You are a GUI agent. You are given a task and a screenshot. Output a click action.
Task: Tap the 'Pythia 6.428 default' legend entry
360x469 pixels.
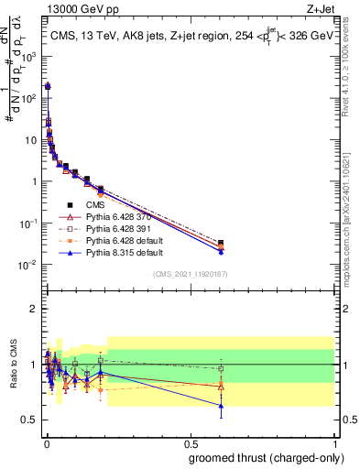[115, 240]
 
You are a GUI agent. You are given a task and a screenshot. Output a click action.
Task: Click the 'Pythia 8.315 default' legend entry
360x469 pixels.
[115, 252]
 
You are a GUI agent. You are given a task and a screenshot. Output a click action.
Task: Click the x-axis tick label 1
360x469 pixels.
[334, 442]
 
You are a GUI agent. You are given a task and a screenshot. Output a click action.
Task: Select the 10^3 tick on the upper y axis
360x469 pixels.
[27, 56]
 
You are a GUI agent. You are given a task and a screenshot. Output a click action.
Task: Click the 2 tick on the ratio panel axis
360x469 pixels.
[33, 309]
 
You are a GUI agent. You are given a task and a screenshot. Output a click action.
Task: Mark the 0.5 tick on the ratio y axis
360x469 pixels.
[29, 420]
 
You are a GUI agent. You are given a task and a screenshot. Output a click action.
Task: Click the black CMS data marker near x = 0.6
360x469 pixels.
[221, 243]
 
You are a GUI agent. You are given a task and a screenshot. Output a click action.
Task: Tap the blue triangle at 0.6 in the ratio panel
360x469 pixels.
[221, 405]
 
